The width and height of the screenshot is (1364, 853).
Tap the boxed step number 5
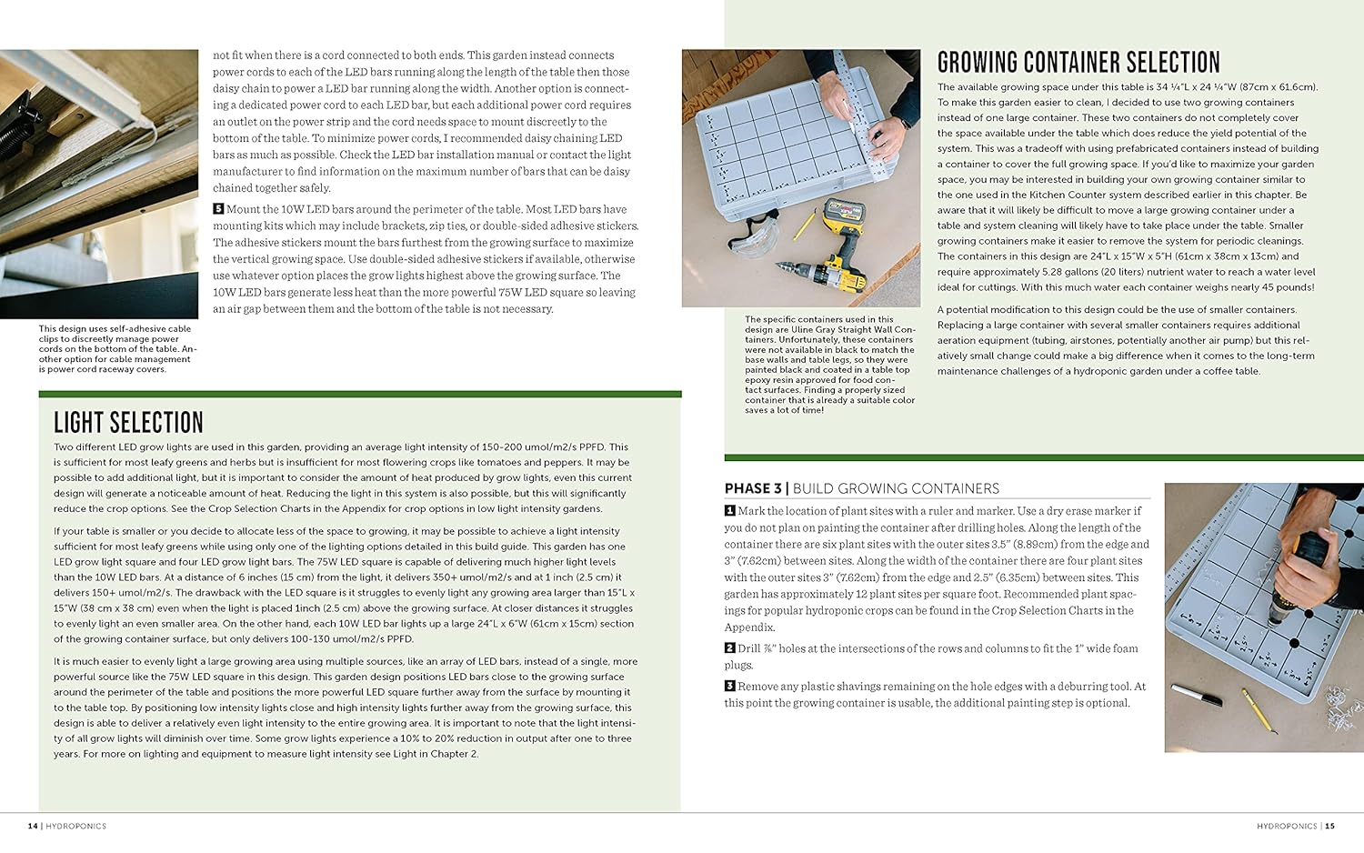pyautogui.click(x=218, y=209)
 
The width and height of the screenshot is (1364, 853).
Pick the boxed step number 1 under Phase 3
pyautogui.click(x=729, y=511)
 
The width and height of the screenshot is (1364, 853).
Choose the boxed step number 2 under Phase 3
pyautogui.click(x=729, y=648)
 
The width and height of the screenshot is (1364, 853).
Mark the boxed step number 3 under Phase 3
pyautogui.click(x=729, y=687)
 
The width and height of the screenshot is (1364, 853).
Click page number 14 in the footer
pyautogui.click(x=33, y=826)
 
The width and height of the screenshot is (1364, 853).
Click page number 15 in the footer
pyautogui.click(x=1329, y=826)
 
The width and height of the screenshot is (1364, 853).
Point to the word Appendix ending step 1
pyautogui.click(x=748, y=627)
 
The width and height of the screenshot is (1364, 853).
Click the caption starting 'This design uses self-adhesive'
pyautogui.click(x=116, y=349)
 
